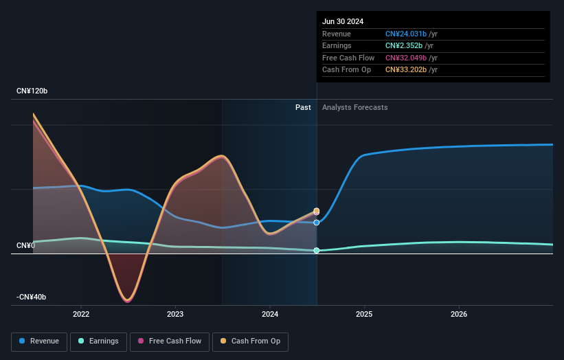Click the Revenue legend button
coord(40,341)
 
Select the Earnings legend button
coord(99,341)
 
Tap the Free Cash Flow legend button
coord(169,341)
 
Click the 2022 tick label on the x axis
coord(81,314)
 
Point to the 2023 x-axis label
coord(175,314)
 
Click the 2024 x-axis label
coord(270,314)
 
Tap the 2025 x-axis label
coord(364,314)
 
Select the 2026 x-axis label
coord(459,314)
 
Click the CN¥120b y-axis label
coord(32,91)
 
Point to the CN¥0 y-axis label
coord(26,245)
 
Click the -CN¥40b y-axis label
coord(32,297)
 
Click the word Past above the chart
coord(303,107)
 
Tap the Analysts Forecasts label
coord(354,107)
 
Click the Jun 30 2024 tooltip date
coord(343,21)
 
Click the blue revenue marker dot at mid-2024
coord(317,223)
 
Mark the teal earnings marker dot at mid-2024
coord(317,251)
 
